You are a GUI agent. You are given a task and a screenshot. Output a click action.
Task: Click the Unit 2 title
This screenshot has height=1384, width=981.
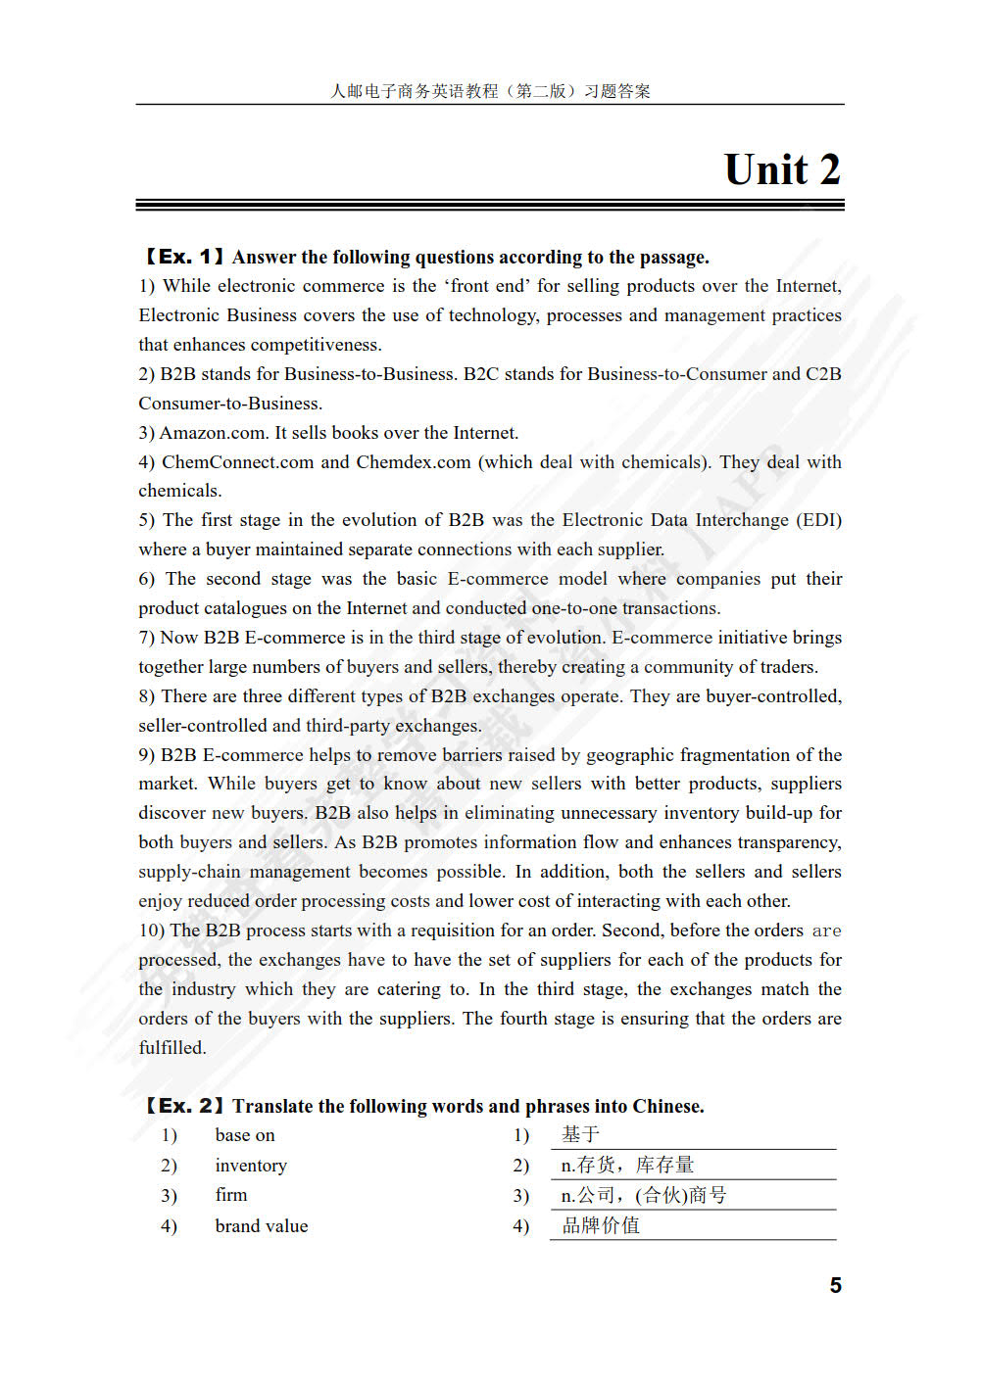782,169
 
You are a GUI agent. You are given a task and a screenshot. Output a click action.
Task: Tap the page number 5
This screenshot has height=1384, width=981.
835,1285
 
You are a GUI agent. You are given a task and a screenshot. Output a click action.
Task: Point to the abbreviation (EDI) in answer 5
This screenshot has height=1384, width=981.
818,520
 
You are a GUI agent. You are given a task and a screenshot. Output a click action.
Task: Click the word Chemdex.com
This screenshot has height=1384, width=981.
413,462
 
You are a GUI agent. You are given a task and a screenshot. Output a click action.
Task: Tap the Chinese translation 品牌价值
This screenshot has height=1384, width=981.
600,1225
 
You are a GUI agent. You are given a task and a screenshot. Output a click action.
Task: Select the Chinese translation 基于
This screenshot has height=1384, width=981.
580,1134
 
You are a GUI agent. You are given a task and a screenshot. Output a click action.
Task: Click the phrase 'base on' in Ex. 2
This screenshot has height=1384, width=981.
245,1135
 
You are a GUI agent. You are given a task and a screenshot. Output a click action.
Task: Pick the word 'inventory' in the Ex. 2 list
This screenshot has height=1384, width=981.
251,1166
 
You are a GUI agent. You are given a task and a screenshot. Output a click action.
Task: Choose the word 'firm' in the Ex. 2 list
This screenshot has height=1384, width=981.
231,1195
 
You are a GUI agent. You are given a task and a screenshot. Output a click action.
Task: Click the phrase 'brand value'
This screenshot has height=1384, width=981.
262,1226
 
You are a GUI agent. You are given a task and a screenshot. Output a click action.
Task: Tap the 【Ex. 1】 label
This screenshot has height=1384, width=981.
182,257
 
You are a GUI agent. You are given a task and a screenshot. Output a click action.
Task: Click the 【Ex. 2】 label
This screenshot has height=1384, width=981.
182,1106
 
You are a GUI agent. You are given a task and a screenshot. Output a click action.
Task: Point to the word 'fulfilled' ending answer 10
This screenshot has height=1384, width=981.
172,1048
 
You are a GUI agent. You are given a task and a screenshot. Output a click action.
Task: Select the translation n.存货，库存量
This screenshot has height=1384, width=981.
627,1165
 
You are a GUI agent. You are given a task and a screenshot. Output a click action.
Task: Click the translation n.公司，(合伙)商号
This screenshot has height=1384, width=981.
643,1195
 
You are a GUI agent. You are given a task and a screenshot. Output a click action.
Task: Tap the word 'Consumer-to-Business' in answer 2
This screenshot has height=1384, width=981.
229,404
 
